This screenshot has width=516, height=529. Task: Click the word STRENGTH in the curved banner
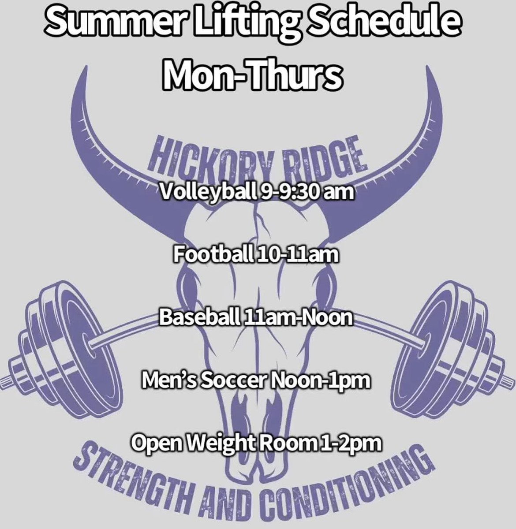pyautogui.click(x=128, y=481)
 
